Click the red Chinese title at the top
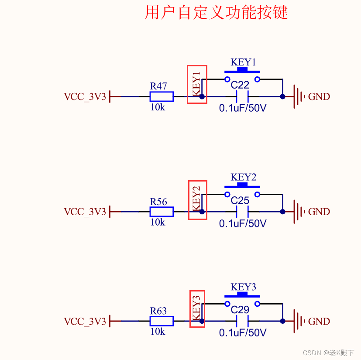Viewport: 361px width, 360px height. coord(216,12)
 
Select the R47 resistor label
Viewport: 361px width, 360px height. coord(158,86)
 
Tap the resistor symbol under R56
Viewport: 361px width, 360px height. coord(162,212)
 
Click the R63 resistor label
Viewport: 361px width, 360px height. coord(158,311)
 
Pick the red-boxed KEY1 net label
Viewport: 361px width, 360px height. coord(197,84)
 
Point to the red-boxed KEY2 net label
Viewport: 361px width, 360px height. coord(197,199)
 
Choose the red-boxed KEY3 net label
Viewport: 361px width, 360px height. coord(197,309)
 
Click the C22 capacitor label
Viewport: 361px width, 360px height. coord(240,85)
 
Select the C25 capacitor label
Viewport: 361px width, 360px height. coord(240,200)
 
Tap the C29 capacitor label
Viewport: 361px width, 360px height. coord(240,310)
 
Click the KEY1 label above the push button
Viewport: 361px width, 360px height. coord(243,62)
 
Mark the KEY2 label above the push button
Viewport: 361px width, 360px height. coord(243,177)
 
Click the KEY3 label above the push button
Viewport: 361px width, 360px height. coord(243,287)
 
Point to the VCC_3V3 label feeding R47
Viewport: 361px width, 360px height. coord(85,96)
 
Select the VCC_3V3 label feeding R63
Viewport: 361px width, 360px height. coord(85,322)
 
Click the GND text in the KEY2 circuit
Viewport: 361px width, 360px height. coord(319,212)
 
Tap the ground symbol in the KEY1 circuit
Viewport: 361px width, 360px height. coord(298,96)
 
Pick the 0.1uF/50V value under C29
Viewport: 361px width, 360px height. coord(243,333)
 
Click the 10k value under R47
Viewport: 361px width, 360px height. coord(158,107)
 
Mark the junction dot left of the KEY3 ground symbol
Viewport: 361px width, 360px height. coord(282,321)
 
